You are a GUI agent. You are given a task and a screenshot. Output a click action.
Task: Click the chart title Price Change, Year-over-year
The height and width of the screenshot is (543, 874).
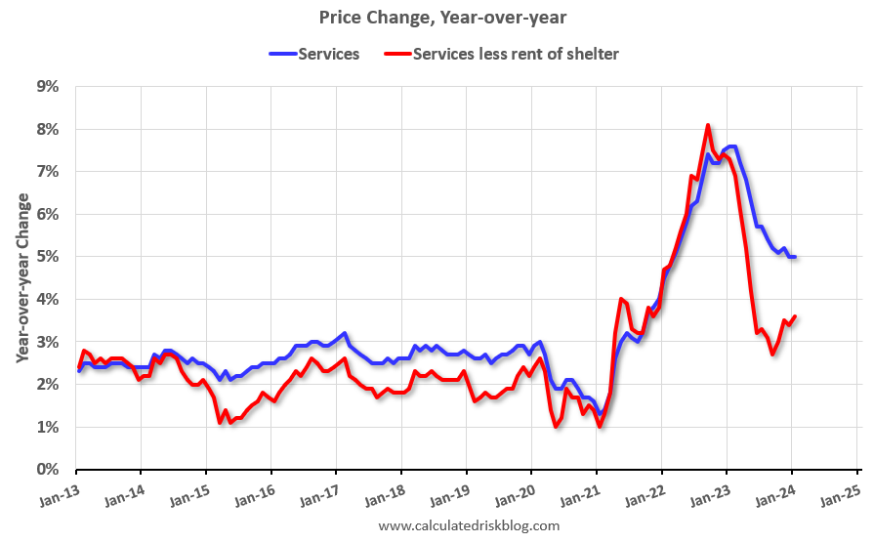coord(437,17)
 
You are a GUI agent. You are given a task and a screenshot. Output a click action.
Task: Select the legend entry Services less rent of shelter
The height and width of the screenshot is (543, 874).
coord(516,54)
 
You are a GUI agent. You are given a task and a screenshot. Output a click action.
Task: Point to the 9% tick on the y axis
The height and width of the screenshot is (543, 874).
coord(47,87)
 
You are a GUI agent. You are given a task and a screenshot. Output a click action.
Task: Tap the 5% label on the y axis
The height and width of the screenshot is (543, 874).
coord(47,257)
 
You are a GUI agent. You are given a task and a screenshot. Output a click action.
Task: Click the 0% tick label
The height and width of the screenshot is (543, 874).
coord(47,470)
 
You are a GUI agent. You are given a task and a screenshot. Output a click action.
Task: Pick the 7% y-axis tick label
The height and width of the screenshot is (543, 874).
coord(47,172)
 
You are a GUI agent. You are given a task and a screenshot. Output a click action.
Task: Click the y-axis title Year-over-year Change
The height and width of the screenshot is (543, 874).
coord(21,278)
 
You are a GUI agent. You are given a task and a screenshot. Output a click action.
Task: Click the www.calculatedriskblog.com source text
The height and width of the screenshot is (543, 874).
coord(469,526)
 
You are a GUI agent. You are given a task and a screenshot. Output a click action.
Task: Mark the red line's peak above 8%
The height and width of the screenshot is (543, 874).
coord(708,125)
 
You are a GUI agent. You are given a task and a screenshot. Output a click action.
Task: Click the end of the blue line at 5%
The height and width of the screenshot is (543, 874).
coord(795,257)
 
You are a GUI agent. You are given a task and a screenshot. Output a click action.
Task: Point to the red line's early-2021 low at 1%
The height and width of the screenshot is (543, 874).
coord(599,427)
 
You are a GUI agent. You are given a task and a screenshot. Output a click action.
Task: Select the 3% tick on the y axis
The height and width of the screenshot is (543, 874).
coord(47,342)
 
